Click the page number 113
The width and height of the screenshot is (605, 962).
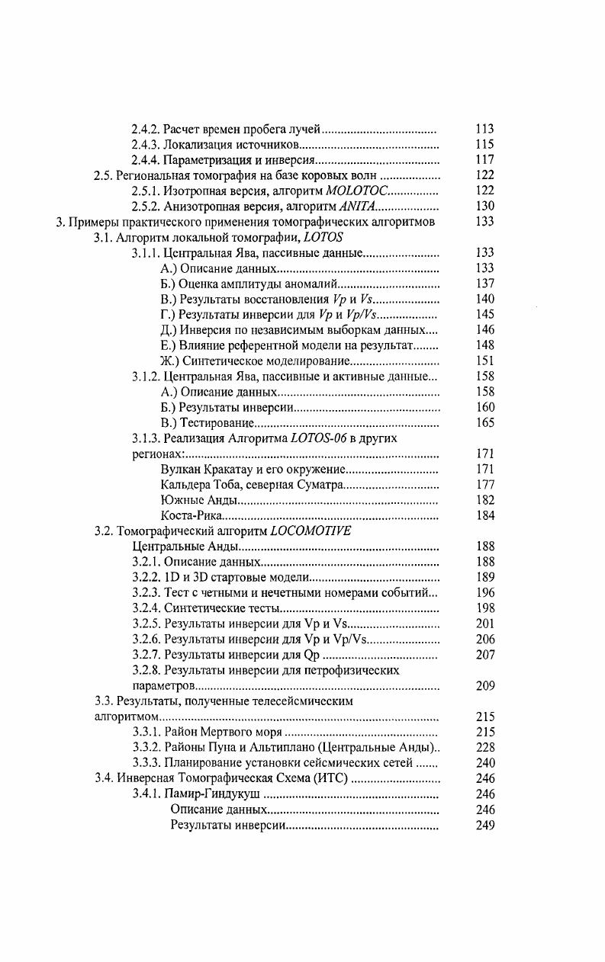[484, 129]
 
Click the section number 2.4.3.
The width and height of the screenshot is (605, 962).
[146, 144]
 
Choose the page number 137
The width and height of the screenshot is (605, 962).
[484, 284]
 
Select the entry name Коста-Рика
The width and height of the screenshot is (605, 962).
[185, 515]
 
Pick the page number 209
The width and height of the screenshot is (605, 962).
[484, 686]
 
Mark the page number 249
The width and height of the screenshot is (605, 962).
[484, 826]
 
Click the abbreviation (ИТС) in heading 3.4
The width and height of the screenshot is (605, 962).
[330, 779]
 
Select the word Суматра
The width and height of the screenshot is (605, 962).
[319, 485]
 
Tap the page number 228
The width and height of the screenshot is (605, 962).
[484, 748]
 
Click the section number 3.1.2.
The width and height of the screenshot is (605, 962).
[146, 376]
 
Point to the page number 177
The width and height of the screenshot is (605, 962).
[484, 485]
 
